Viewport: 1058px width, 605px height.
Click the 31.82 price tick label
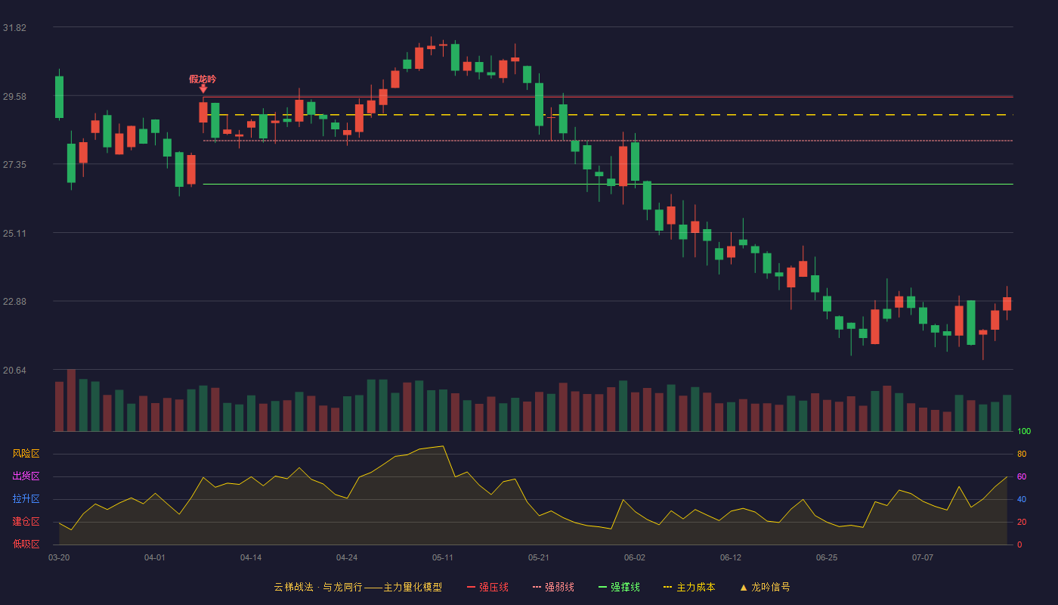coord(14,28)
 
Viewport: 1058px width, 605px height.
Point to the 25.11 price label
coord(14,234)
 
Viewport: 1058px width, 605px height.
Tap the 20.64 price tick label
coord(14,371)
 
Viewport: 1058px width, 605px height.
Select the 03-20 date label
coord(59,558)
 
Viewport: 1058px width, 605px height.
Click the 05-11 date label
coord(443,558)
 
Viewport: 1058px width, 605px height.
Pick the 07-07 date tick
coord(923,558)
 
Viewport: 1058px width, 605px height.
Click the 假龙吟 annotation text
coord(203,79)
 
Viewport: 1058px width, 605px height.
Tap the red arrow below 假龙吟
coord(203,89)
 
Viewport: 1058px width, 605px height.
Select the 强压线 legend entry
coord(487,587)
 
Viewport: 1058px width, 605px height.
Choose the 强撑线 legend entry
coord(619,587)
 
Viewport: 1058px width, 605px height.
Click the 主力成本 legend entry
coord(689,587)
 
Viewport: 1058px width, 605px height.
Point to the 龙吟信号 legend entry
coord(765,587)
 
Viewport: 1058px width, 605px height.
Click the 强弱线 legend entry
coord(553,587)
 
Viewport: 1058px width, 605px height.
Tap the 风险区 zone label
coord(26,454)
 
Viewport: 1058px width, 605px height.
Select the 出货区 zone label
coord(26,476)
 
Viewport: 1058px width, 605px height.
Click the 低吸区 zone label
coord(26,544)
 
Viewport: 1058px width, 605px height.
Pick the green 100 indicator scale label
coord(1024,431)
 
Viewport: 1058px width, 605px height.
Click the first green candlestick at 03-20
coord(59,97)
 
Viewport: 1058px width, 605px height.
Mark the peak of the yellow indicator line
coord(443,446)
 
